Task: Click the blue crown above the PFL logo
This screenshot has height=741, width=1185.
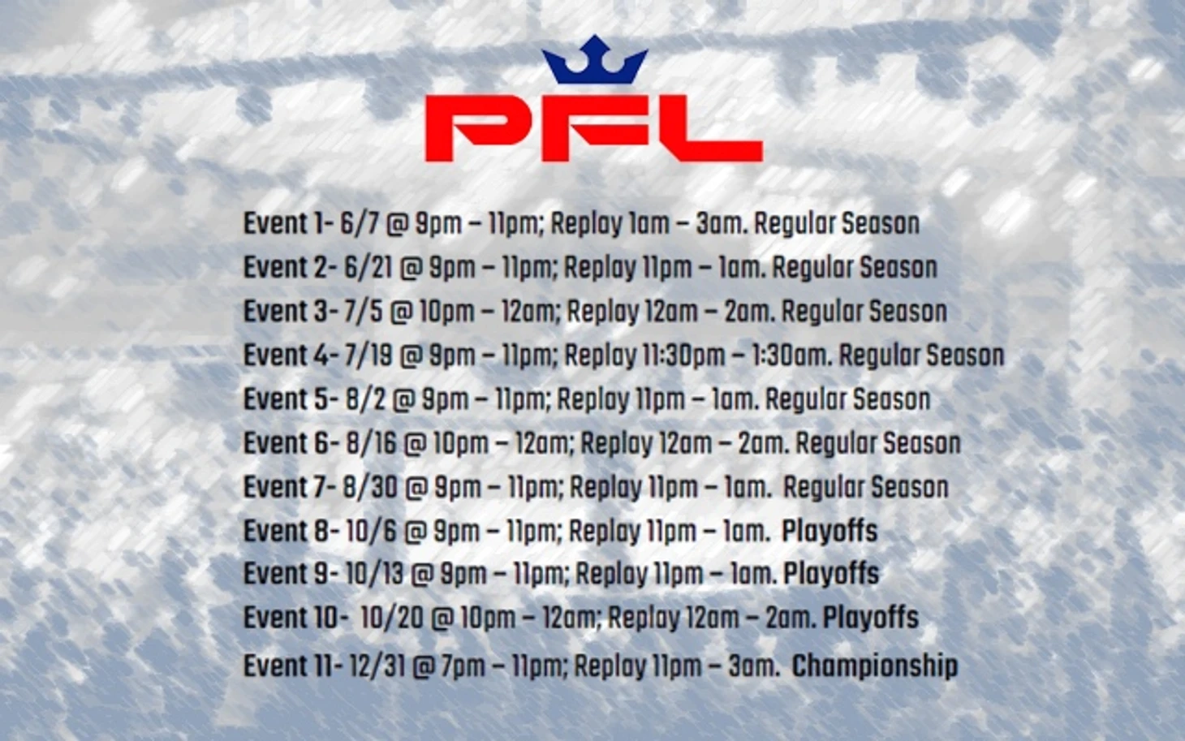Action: pyautogui.click(x=595, y=60)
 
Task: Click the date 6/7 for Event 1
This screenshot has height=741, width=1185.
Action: pyautogui.click(x=360, y=224)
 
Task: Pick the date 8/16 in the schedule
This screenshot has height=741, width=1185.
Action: pyautogui.click(x=371, y=443)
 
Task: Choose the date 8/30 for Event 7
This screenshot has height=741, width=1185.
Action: pyautogui.click(x=370, y=487)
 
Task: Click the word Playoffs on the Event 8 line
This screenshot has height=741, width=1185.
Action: pyautogui.click(x=829, y=531)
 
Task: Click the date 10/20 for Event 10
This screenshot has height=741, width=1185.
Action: pyautogui.click(x=392, y=618)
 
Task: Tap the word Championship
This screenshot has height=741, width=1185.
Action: pyautogui.click(x=875, y=666)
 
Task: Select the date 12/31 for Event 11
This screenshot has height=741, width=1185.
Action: pyautogui.click(x=377, y=666)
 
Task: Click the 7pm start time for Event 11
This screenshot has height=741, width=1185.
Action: pyautogui.click(x=463, y=666)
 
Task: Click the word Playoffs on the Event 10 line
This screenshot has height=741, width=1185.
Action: pyautogui.click(x=870, y=618)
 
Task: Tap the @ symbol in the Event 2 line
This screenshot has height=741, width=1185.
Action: pyautogui.click(x=411, y=268)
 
